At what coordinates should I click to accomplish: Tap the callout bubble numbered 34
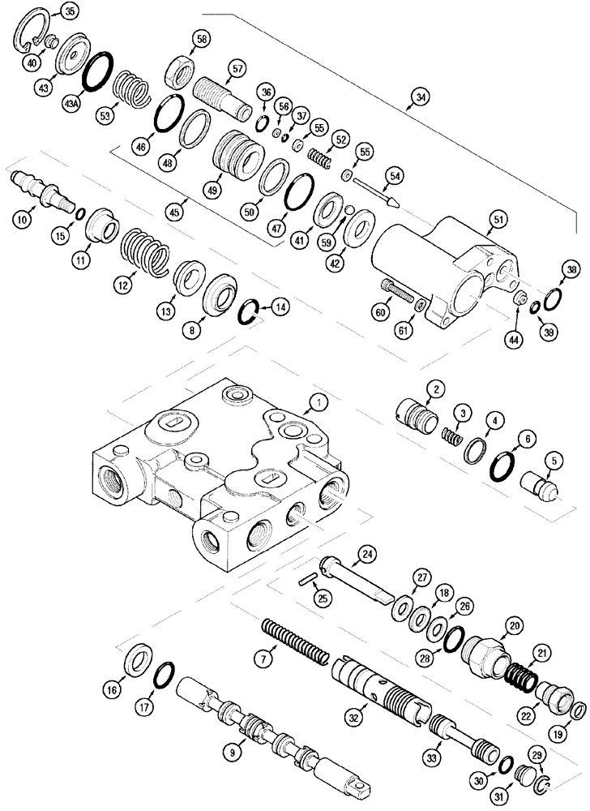point(420,99)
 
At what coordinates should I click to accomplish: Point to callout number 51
point(496,218)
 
